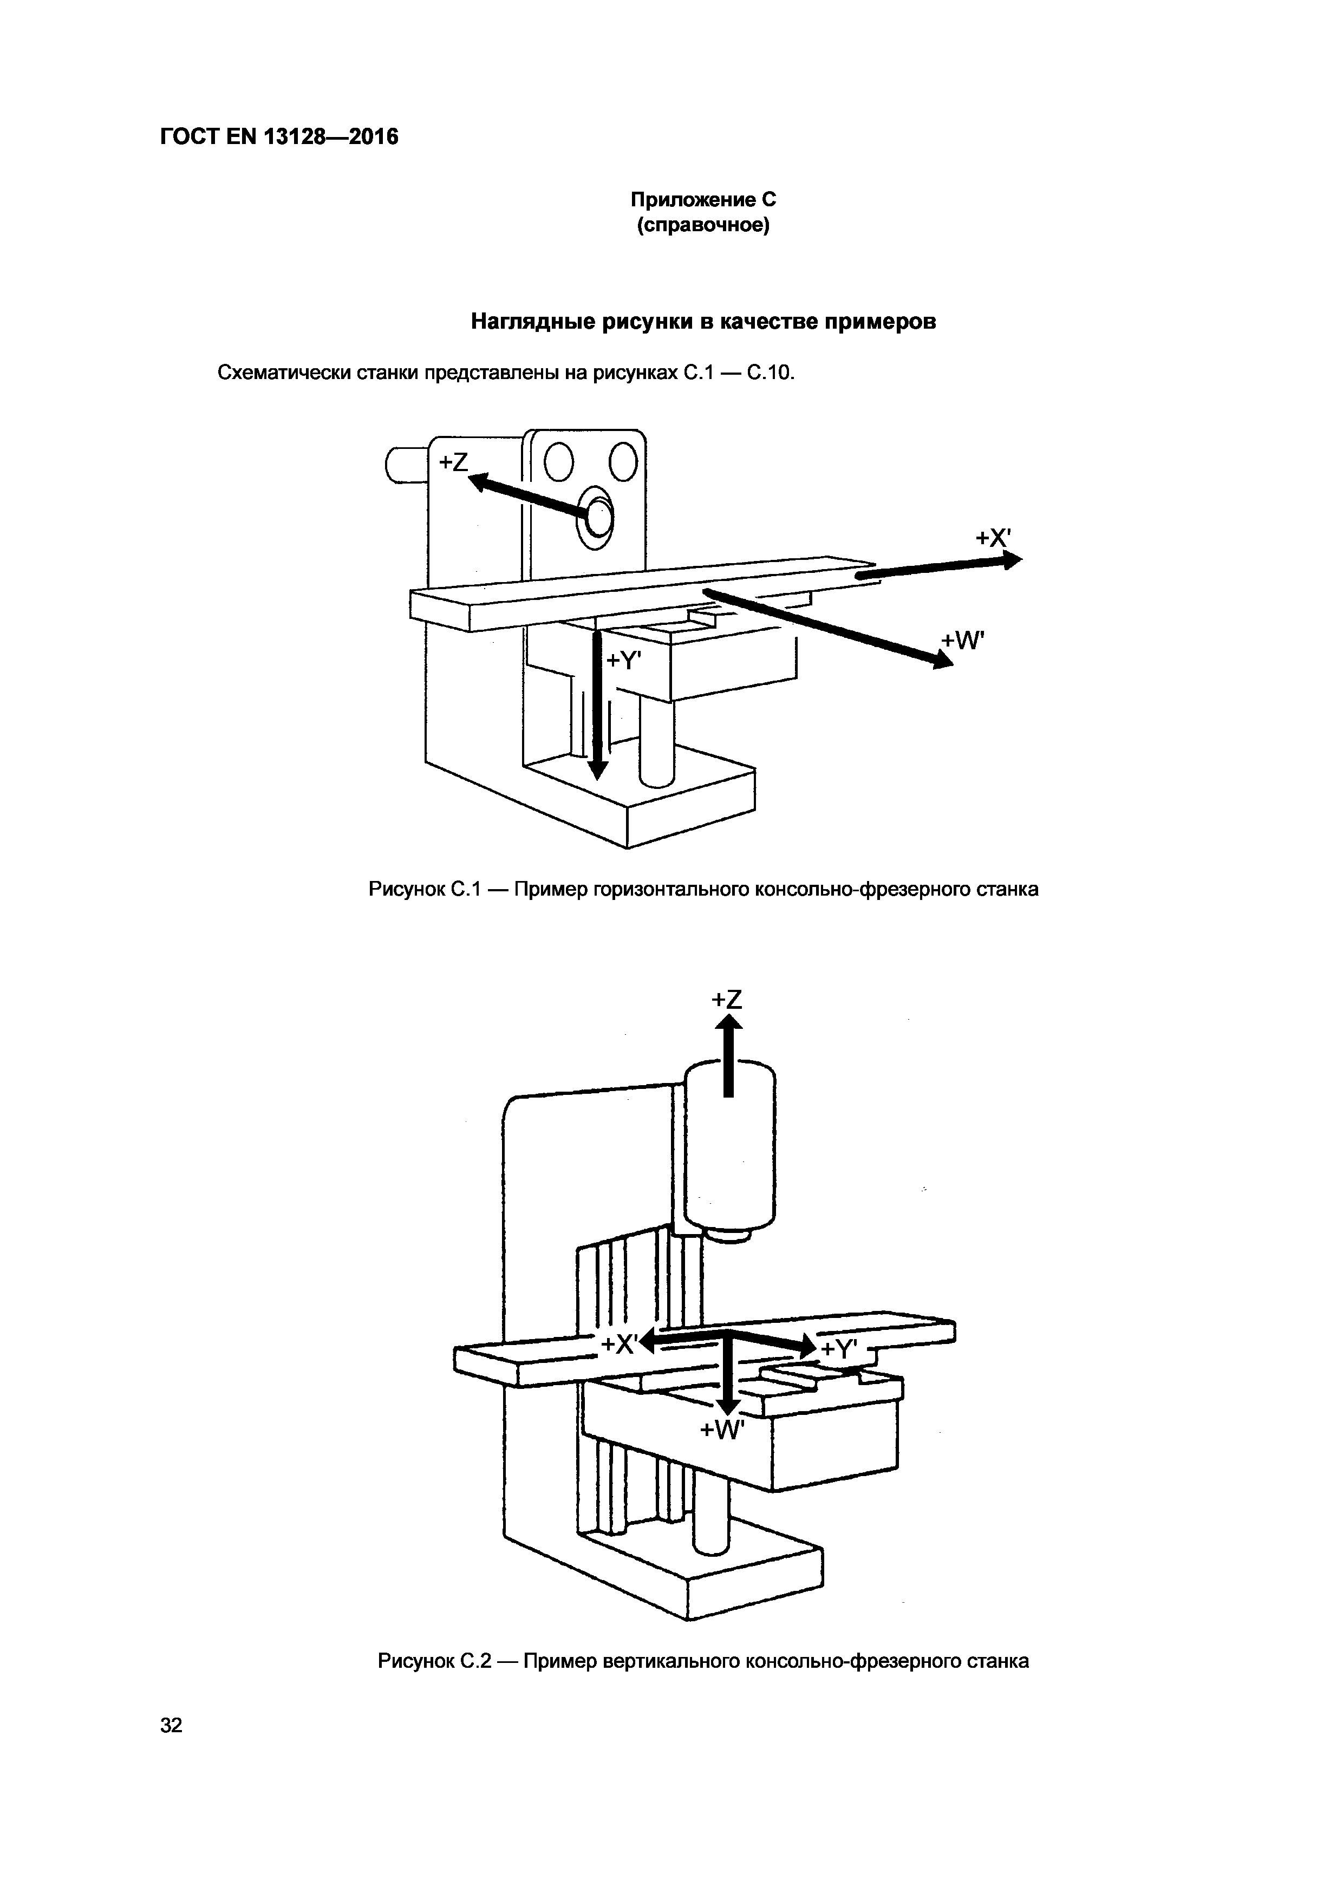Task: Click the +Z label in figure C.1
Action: [453, 462]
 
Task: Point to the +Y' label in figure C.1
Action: [625, 660]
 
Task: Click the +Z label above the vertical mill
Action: [727, 1000]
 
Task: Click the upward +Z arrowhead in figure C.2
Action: [728, 1024]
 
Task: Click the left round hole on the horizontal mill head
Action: [559, 462]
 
